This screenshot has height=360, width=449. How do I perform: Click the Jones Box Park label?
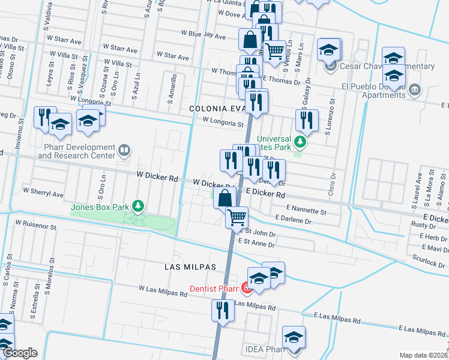[100, 208]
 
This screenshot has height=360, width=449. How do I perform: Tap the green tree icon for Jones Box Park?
[139, 207]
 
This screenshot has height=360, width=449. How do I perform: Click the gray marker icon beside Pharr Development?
[124, 150]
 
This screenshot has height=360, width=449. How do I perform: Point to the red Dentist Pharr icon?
[246, 288]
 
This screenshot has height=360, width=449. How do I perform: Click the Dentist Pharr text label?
[214, 289]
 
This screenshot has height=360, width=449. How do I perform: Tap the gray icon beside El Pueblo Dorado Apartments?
[415, 90]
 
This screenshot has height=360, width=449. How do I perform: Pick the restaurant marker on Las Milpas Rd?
[222, 311]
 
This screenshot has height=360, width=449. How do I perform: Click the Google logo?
[20, 353]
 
